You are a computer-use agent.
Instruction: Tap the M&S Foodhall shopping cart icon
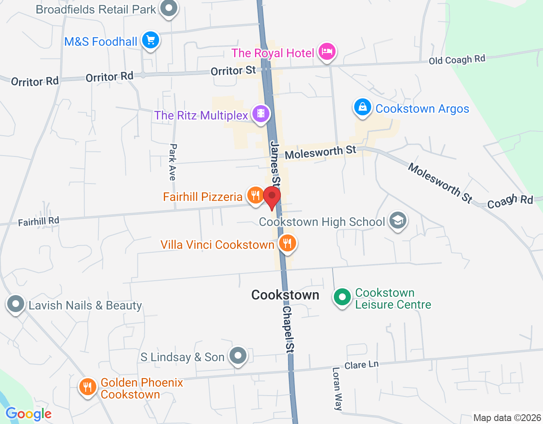click(x=151, y=41)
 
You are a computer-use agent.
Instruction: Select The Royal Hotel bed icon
click(x=327, y=52)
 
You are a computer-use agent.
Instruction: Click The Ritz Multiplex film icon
click(x=261, y=114)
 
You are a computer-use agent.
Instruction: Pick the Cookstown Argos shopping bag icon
click(x=363, y=107)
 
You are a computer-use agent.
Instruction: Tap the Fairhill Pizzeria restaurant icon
click(x=255, y=195)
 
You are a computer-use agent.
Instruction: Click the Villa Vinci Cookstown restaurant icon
click(x=287, y=243)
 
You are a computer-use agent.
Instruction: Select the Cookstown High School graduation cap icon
click(x=398, y=220)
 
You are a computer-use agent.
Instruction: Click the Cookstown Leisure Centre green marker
click(x=342, y=297)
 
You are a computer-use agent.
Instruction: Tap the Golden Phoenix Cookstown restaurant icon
click(x=87, y=387)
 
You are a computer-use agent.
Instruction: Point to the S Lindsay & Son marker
click(x=238, y=356)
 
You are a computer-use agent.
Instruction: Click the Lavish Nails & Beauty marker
click(x=16, y=304)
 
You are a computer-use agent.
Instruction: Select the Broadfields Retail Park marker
click(x=169, y=8)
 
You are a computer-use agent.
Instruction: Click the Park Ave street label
click(x=173, y=162)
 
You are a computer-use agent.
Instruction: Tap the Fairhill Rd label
click(x=39, y=221)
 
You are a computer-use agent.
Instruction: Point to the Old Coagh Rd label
click(x=457, y=60)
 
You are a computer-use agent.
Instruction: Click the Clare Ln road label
click(x=361, y=365)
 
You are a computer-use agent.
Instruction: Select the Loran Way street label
click(x=337, y=388)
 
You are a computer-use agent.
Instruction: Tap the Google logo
click(x=29, y=414)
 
